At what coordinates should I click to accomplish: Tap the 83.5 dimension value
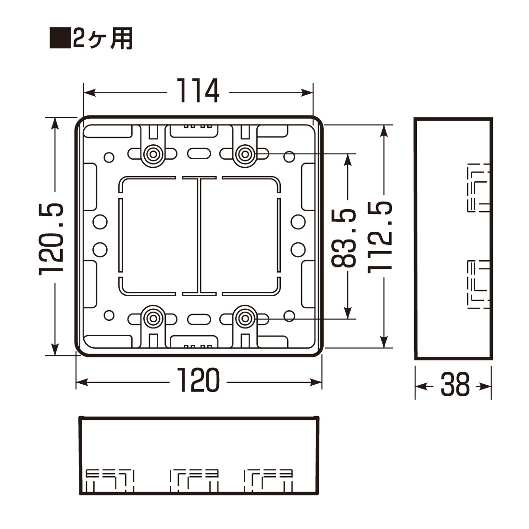[x=344, y=238]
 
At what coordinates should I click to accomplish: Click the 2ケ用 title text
[x=102, y=38]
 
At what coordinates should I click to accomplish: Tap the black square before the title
[x=60, y=38]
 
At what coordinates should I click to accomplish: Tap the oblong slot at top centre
[x=199, y=153]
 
